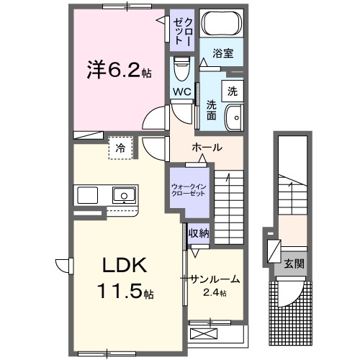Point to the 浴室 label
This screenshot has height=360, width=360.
(222, 53)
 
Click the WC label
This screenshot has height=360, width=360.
(182, 91)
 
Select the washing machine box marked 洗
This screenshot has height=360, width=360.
(233, 91)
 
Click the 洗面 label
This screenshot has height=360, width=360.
(212, 109)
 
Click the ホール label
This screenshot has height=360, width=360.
(207, 148)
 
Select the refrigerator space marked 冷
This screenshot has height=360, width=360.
(120, 148)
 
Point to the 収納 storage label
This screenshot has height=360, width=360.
(199, 233)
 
